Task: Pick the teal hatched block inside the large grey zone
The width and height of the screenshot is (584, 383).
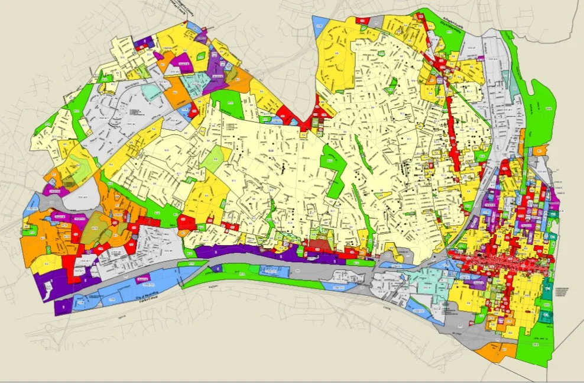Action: pyautogui.click(x=151, y=92)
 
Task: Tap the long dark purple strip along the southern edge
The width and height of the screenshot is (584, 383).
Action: pyautogui.click(x=248, y=252)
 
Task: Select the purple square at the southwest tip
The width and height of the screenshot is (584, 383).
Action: pyautogui.click(x=63, y=306)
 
